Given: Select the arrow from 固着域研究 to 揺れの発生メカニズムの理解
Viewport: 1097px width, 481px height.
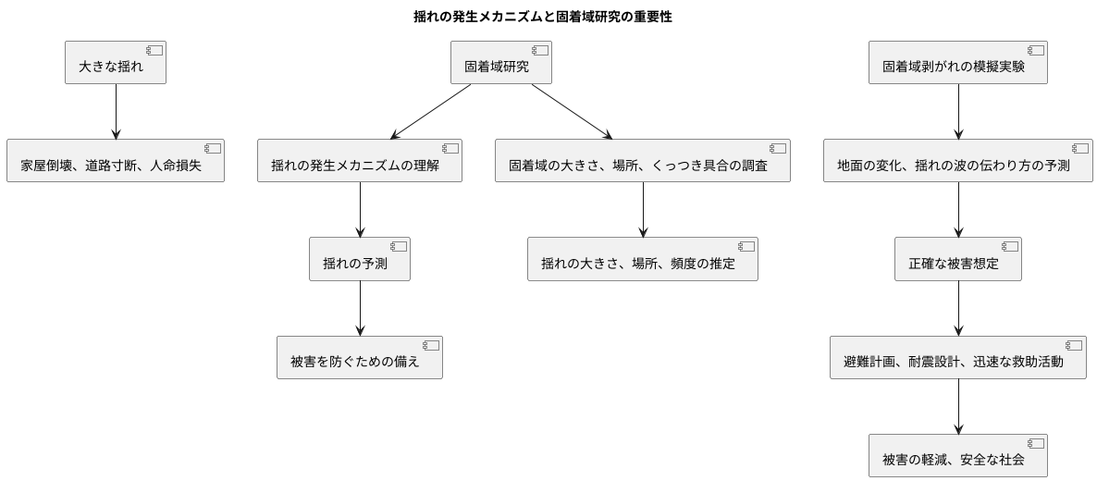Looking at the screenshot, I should pos(431,112).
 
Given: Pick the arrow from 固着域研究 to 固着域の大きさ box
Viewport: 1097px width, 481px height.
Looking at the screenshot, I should pos(572,112).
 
